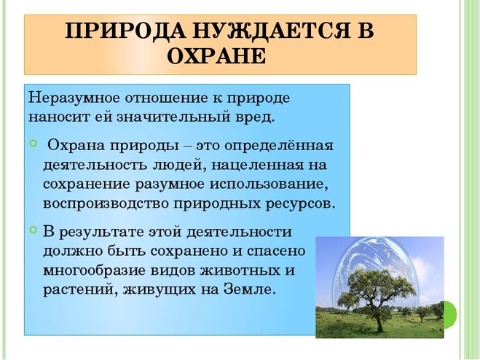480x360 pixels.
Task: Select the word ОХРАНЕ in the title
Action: tap(216, 56)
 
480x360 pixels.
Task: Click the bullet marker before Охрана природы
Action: tap(33, 143)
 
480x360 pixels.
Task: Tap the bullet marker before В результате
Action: tap(33, 229)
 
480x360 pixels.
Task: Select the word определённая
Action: tap(278, 146)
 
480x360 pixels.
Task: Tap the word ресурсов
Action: tap(300, 204)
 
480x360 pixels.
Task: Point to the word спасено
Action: tap(276, 251)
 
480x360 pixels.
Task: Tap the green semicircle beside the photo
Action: tap(451, 314)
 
